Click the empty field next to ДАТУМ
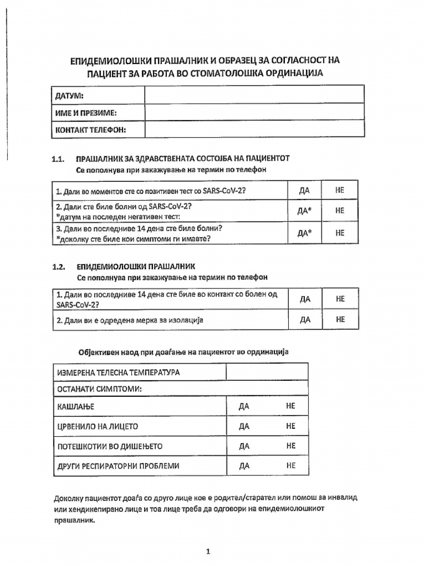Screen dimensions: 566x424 pyautogui.click(x=254, y=95)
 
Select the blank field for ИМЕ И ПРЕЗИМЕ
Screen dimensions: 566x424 pyautogui.click(x=254, y=112)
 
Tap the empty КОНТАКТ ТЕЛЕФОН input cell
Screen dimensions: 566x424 pyautogui.click(x=254, y=129)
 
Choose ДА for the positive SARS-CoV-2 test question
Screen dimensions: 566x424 pyautogui.click(x=304, y=190)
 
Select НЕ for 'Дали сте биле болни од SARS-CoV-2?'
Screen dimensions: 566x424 pyautogui.click(x=340, y=211)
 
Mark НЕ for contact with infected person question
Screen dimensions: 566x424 pyautogui.click(x=340, y=298)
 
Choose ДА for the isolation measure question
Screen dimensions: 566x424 pyautogui.click(x=305, y=319)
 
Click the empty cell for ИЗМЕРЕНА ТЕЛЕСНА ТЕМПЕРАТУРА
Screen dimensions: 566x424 pyautogui.click(x=267, y=372)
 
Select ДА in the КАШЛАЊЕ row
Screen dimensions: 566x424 pyautogui.click(x=245, y=406)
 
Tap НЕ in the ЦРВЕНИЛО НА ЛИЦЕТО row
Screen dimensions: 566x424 pyautogui.click(x=291, y=426)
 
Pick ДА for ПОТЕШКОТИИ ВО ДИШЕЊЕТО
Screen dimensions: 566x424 pyautogui.click(x=245, y=446)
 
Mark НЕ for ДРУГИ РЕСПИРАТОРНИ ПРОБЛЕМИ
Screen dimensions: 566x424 pyautogui.click(x=291, y=466)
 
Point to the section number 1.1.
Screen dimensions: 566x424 pyautogui.click(x=59, y=159)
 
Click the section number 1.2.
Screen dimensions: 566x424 pyautogui.click(x=59, y=266)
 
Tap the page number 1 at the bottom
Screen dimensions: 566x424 pyautogui.click(x=208, y=536)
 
